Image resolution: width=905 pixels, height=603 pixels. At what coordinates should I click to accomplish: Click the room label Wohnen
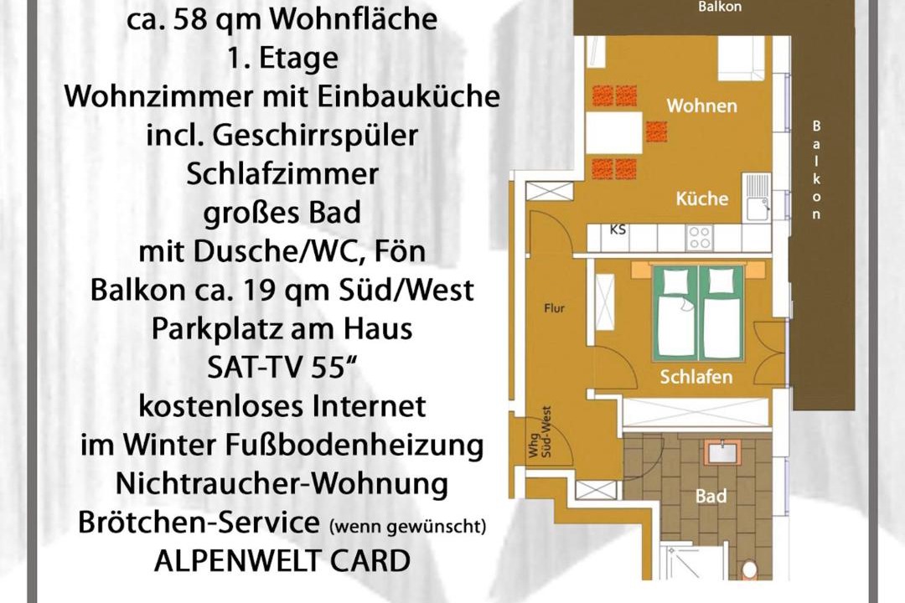coord(702,106)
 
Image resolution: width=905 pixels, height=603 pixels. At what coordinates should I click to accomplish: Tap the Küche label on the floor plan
coord(702,198)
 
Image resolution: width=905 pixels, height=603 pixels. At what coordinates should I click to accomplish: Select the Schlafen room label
coord(696,377)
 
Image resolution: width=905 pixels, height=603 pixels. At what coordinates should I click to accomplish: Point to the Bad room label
coord(711,496)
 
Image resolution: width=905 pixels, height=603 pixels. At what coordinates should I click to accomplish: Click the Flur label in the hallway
coord(554,308)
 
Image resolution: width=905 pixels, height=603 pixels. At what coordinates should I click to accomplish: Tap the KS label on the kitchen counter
coord(618,229)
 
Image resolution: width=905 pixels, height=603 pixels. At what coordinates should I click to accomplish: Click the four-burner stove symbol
coord(700,238)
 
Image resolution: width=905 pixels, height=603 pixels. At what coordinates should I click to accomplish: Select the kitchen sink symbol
coord(758,198)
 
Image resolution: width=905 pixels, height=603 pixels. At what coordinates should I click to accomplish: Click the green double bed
coord(698,312)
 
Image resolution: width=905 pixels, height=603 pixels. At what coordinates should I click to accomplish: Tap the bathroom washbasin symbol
coord(722,452)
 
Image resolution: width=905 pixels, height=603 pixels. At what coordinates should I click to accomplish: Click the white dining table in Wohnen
coord(614,132)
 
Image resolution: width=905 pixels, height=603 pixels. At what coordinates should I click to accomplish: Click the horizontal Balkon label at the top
coord(720,8)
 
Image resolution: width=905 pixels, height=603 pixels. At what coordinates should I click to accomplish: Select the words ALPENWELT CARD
coord(282,561)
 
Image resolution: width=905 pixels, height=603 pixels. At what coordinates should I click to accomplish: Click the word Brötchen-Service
coord(199,523)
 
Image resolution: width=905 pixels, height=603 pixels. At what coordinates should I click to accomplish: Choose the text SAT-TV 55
coord(280,368)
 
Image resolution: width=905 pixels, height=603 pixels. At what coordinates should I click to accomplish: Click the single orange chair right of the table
coord(656,131)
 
